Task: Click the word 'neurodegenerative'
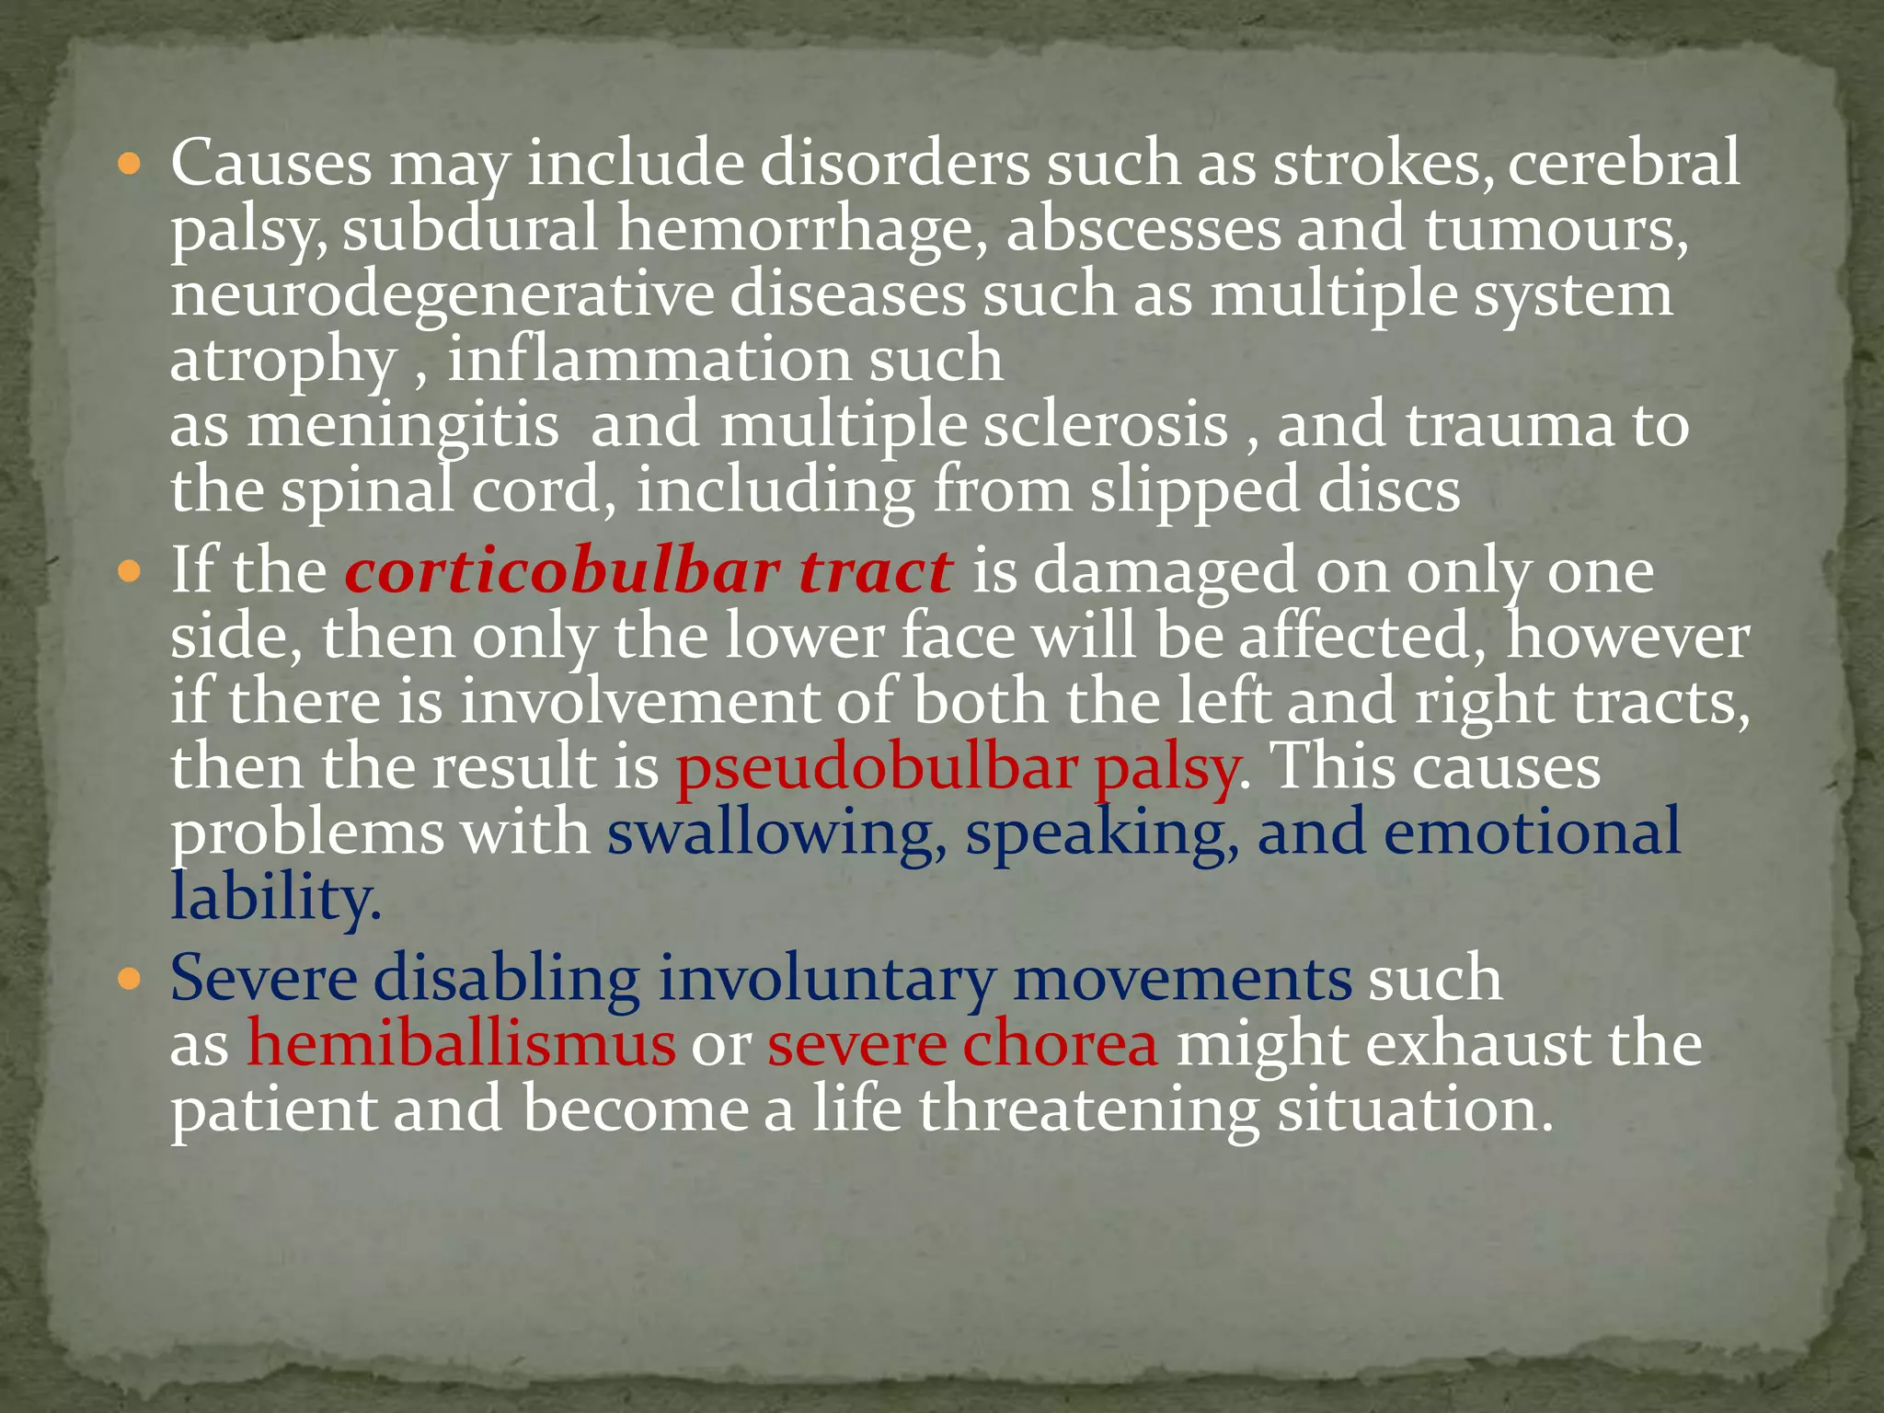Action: pyautogui.click(x=442, y=295)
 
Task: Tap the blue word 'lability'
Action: pyautogui.click(x=274, y=897)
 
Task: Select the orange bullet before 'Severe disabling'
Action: pyautogui.click(x=130, y=980)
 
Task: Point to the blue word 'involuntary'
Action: pyautogui.click(x=826, y=979)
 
